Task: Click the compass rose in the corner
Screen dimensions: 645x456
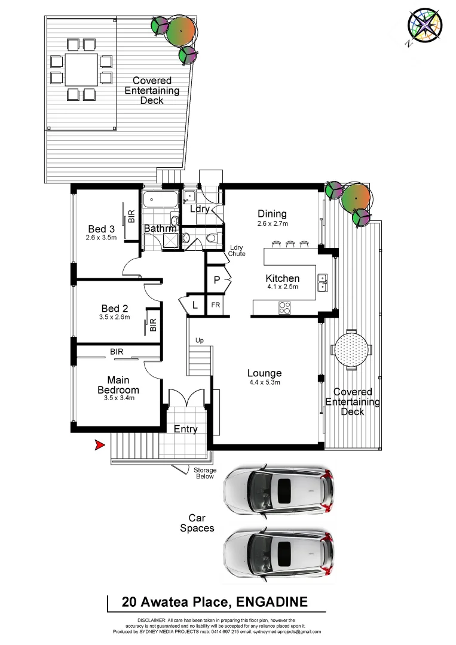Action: (x=424, y=26)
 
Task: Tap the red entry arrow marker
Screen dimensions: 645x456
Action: (x=99, y=445)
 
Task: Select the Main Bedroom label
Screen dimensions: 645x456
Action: (x=118, y=385)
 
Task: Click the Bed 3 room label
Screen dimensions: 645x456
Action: (x=101, y=229)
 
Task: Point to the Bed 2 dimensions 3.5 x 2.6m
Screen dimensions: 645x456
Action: (x=115, y=318)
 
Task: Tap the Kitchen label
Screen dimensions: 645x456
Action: (x=282, y=278)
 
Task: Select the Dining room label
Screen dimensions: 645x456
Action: (x=272, y=214)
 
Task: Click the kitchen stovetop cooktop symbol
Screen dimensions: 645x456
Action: (x=284, y=308)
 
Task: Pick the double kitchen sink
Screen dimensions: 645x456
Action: (x=322, y=282)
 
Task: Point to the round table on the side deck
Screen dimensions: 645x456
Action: (x=351, y=349)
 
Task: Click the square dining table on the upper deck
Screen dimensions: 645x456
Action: (x=81, y=69)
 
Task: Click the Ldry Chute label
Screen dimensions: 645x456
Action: (x=237, y=250)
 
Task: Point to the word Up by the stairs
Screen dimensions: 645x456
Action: (x=200, y=340)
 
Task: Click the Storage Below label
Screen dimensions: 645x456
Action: (x=205, y=474)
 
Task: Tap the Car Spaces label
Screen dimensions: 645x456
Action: (x=197, y=523)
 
